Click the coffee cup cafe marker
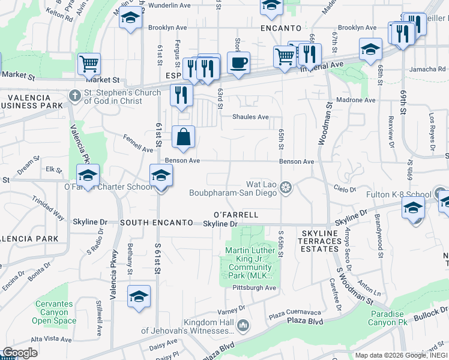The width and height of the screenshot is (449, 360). click(x=238, y=62)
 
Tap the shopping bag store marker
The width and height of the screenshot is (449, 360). click(x=184, y=137)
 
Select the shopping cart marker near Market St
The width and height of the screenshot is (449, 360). click(x=89, y=63)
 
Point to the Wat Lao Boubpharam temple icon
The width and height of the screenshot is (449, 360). click(x=286, y=188)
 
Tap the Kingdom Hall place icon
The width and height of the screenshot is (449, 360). click(x=243, y=326)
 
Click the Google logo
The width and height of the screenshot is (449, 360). click(x=20, y=353)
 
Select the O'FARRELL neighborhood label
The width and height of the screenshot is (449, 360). click(x=236, y=214)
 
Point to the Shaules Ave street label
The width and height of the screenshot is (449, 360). click(x=250, y=117)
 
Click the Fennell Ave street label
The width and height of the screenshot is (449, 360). click(x=138, y=145)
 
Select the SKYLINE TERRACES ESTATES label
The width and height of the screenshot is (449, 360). click(x=320, y=241)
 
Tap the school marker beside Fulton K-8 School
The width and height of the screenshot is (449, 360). click(x=414, y=208)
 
